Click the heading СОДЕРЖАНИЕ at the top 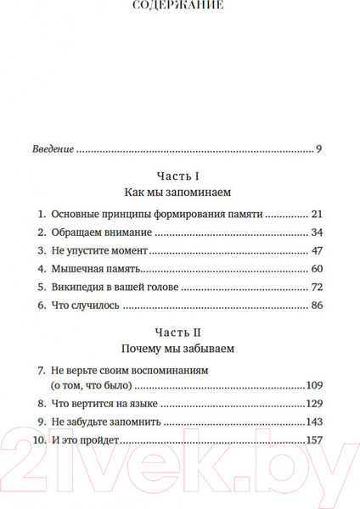tap(179, 5)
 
